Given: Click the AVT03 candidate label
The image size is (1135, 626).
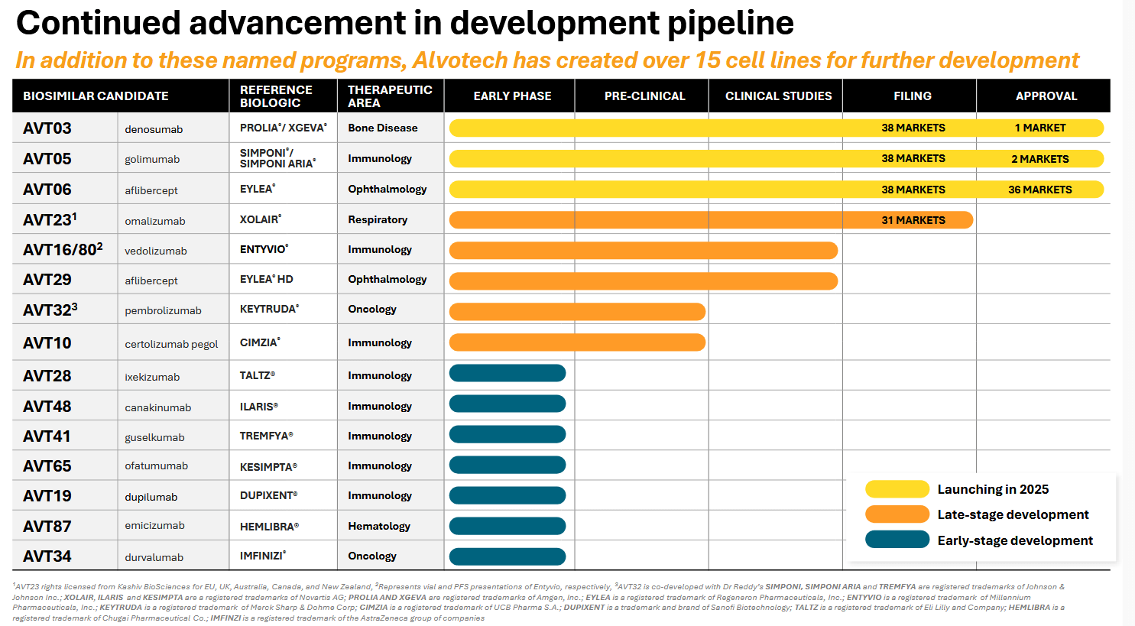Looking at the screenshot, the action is coord(47,128).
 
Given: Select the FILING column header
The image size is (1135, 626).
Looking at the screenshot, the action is coord(912,96).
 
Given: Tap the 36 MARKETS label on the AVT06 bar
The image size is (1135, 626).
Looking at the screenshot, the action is coord(1039,190).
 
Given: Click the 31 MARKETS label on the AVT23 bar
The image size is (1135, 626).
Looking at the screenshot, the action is coord(913,220).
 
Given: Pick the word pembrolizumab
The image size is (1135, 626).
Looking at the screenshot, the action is coord(163,311).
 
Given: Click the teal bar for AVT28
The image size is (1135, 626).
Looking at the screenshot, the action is coord(508,373).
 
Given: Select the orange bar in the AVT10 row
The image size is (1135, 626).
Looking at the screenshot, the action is coord(577,342).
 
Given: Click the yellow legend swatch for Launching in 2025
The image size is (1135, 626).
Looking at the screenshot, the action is coord(897,489).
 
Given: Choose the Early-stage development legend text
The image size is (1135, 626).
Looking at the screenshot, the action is coord(1015,540).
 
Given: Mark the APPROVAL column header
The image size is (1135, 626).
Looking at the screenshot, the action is coord(1046,96).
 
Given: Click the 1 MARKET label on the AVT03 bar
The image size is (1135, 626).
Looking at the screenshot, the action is coord(1039,128).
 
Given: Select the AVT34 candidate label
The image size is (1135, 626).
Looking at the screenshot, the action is coord(47,556).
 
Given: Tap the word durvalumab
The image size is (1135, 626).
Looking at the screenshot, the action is coord(154,557).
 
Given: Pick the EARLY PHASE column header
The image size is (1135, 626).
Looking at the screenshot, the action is coord(512,96).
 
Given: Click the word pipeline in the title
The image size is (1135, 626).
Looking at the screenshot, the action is coord(730,24).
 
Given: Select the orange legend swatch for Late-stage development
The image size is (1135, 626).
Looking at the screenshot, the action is coord(897,514).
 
